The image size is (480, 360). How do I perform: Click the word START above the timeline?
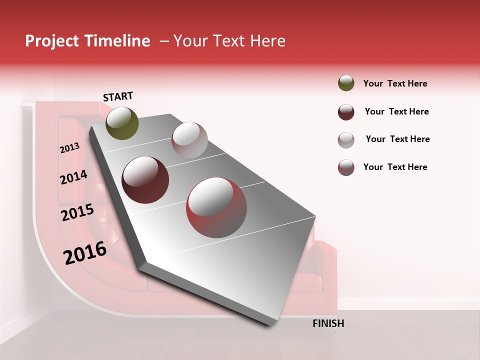click(x=118, y=96)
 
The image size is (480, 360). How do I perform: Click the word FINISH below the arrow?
click(x=328, y=323)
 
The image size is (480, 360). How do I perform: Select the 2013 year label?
click(x=69, y=148)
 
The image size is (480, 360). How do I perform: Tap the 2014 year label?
click(x=73, y=177)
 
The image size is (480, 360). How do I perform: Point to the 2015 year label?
click(x=77, y=213)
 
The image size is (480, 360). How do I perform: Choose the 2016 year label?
click(x=85, y=253)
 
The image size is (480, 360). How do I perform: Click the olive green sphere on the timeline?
click(x=122, y=123)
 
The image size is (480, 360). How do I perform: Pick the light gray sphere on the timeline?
click(x=189, y=139)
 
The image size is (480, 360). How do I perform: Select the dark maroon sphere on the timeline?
click(x=145, y=179)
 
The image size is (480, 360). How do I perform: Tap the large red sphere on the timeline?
click(x=216, y=208)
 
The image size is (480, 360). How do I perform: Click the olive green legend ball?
click(x=346, y=83)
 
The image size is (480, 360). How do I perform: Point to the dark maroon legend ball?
click(x=346, y=112)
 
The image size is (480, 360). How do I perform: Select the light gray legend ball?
click(x=346, y=140)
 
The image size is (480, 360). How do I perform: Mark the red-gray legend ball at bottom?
click(x=346, y=167)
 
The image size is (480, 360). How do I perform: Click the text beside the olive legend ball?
click(x=395, y=83)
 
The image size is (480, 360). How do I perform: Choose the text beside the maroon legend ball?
click(x=396, y=111)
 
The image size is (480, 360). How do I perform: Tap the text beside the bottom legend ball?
click(x=395, y=167)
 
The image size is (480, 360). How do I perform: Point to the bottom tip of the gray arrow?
click(x=272, y=325)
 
